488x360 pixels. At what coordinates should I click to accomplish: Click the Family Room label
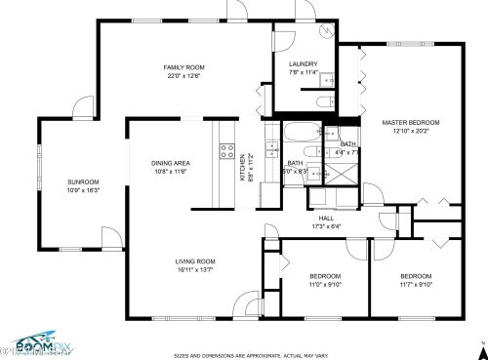tap(183, 64)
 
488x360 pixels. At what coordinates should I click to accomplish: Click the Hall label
tap(326, 219)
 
